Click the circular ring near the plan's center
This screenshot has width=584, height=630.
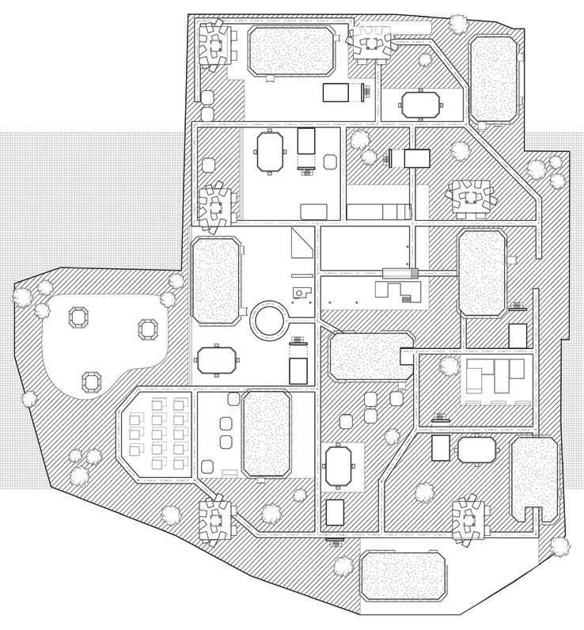click(x=268, y=321)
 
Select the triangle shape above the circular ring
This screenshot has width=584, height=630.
click(x=301, y=244)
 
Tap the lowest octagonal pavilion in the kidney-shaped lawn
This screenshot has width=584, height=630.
click(x=93, y=381)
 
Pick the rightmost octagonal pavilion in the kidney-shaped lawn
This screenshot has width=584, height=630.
click(x=149, y=328)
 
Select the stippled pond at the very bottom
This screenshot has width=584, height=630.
click(x=404, y=576)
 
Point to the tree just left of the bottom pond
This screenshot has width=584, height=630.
click(x=343, y=565)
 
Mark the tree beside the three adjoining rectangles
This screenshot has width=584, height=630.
click(x=448, y=366)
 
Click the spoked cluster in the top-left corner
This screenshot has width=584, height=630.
click(x=214, y=44)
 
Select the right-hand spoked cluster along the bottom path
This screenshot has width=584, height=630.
click(x=469, y=519)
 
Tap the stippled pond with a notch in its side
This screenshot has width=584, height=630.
click(x=366, y=357)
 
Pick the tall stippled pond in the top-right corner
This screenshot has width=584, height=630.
click(x=494, y=80)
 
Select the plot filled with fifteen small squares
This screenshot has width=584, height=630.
click(x=157, y=435)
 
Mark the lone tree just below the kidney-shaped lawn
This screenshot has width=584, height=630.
click(x=30, y=400)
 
